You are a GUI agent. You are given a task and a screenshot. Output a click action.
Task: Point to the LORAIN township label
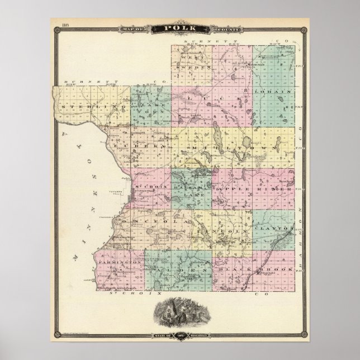272,90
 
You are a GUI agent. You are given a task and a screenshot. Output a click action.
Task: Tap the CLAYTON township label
273,229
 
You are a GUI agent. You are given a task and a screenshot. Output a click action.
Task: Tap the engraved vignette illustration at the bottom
179,313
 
